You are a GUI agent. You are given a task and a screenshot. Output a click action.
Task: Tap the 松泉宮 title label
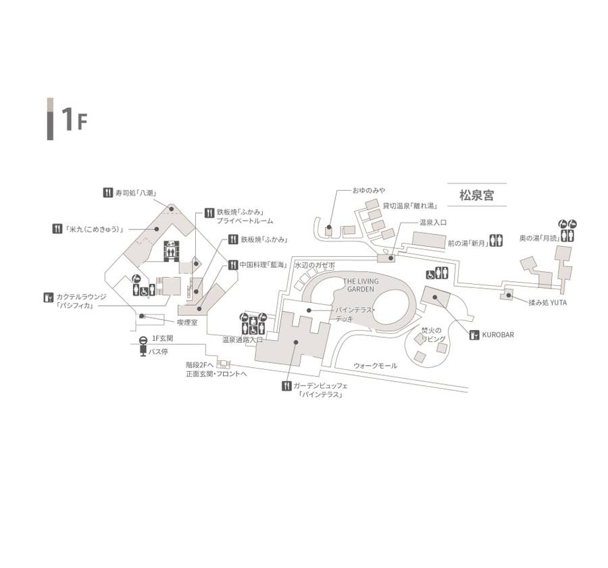pyautogui.click(x=477, y=196)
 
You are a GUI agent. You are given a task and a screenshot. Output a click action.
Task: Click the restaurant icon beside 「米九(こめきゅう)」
pyautogui.click(x=57, y=229)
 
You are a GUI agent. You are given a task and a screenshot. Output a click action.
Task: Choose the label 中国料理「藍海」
pyautogui.click(x=263, y=265)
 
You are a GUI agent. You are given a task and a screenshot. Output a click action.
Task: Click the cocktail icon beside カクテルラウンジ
pyautogui.click(x=48, y=297)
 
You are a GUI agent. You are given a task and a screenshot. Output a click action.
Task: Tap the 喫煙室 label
pyautogui.click(x=187, y=323)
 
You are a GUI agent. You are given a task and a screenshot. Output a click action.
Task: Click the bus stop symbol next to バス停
pyautogui.click(x=143, y=350)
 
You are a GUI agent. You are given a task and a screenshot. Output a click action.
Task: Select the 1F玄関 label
pyautogui.click(x=163, y=337)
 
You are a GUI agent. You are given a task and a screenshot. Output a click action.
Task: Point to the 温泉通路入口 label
pyautogui.click(x=243, y=340)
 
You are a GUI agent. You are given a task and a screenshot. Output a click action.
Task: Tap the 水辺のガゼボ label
pyautogui.click(x=314, y=266)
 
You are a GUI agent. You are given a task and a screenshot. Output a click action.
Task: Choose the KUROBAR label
pyautogui.click(x=498, y=335)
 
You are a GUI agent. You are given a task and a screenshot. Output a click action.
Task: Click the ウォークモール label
pyautogui.click(x=376, y=366)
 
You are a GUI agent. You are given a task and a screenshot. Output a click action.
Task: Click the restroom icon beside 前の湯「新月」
pyautogui.click(x=497, y=241)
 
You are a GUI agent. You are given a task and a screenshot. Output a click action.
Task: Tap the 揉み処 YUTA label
pyautogui.click(x=548, y=302)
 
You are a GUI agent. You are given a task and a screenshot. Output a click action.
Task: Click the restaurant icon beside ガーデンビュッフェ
pyautogui.click(x=286, y=386)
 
